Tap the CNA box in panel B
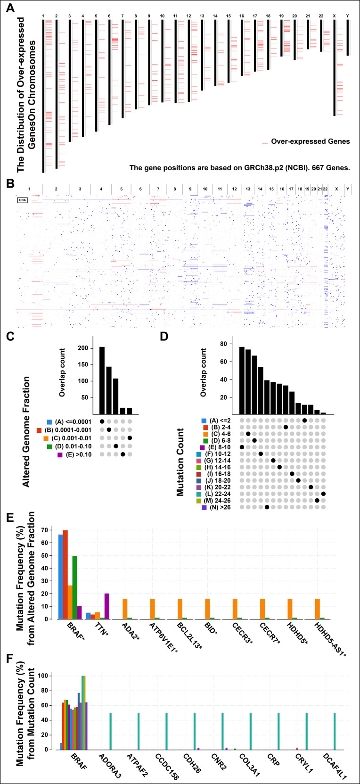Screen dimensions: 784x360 point(22,200)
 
